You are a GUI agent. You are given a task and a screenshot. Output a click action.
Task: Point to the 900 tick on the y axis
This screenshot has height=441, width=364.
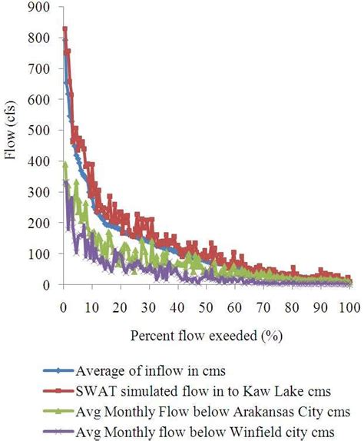[45, 7]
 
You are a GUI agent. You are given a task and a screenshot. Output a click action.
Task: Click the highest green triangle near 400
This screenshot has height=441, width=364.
[65, 164]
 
